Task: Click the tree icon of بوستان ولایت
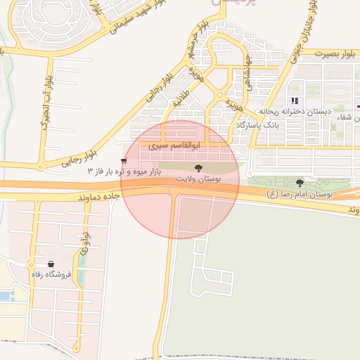pyautogui.click(x=199, y=168)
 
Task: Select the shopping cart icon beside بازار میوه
pyautogui.click(x=124, y=162)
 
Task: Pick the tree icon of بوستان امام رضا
pyautogui.click(x=300, y=182)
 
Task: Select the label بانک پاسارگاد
pyautogui.click(x=258, y=124)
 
